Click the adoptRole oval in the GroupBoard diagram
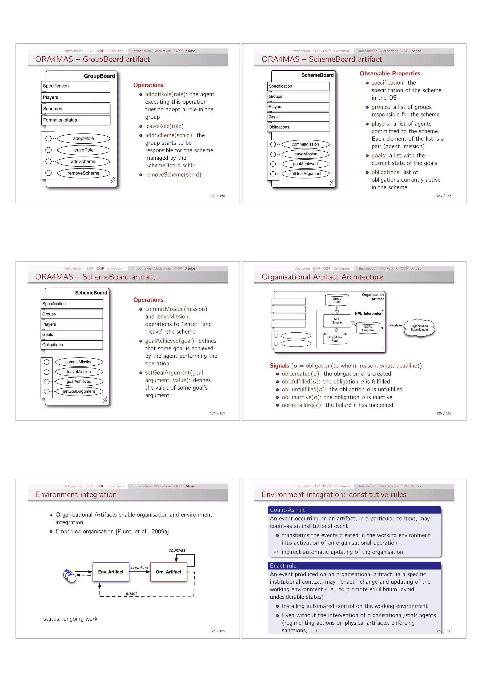(84, 138)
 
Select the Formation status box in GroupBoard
(76, 120)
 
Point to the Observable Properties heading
(390, 73)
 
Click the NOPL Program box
(368, 328)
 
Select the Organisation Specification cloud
(419, 328)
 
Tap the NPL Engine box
(337, 321)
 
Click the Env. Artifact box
(111, 572)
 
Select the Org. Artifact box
(168, 572)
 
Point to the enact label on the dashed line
(131, 593)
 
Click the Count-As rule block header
(354, 510)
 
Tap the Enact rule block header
(354, 565)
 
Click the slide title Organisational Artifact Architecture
(322, 277)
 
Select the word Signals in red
(279, 366)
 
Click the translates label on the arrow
(396, 325)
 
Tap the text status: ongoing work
(70, 619)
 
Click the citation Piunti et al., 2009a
(142, 531)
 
